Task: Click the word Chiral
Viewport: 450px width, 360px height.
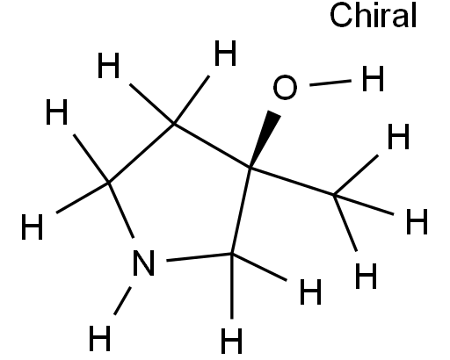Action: pyautogui.click(x=373, y=15)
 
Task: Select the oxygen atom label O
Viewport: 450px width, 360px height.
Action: pyautogui.click(x=285, y=87)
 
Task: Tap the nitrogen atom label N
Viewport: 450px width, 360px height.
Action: pyautogui.click(x=143, y=263)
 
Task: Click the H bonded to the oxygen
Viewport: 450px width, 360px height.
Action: pyautogui.click(x=373, y=78)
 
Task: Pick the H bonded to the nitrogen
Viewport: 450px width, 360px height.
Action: pyautogui.click(x=99, y=338)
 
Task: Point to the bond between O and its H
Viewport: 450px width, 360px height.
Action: pyautogui.click(x=330, y=83)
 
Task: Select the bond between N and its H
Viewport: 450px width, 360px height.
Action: pyautogui.click(x=122, y=301)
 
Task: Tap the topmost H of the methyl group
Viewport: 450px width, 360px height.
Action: pyautogui.click(x=398, y=136)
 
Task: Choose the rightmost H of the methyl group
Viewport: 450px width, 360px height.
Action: pyautogui.click(x=417, y=221)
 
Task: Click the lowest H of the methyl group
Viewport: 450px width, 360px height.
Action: pyautogui.click(x=366, y=276)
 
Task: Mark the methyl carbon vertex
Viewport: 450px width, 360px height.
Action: pyautogui.click(x=334, y=194)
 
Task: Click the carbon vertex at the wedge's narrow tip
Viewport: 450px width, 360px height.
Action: pyautogui.click(x=250, y=169)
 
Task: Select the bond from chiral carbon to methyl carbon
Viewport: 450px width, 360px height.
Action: pyautogui.click(x=292, y=182)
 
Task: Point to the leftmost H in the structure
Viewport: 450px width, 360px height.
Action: pyautogui.click(x=33, y=227)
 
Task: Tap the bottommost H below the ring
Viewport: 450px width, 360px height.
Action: pyautogui.click(x=231, y=341)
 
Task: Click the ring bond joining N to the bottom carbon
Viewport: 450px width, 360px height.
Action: pyautogui.click(x=199, y=257)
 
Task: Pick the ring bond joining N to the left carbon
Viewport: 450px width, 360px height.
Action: pyautogui.click(x=121, y=210)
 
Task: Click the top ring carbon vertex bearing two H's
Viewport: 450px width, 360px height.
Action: pyautogui.click(x=174, y=125)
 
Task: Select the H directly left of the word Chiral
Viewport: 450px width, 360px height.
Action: pyautogui.click(x=226, y=53)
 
